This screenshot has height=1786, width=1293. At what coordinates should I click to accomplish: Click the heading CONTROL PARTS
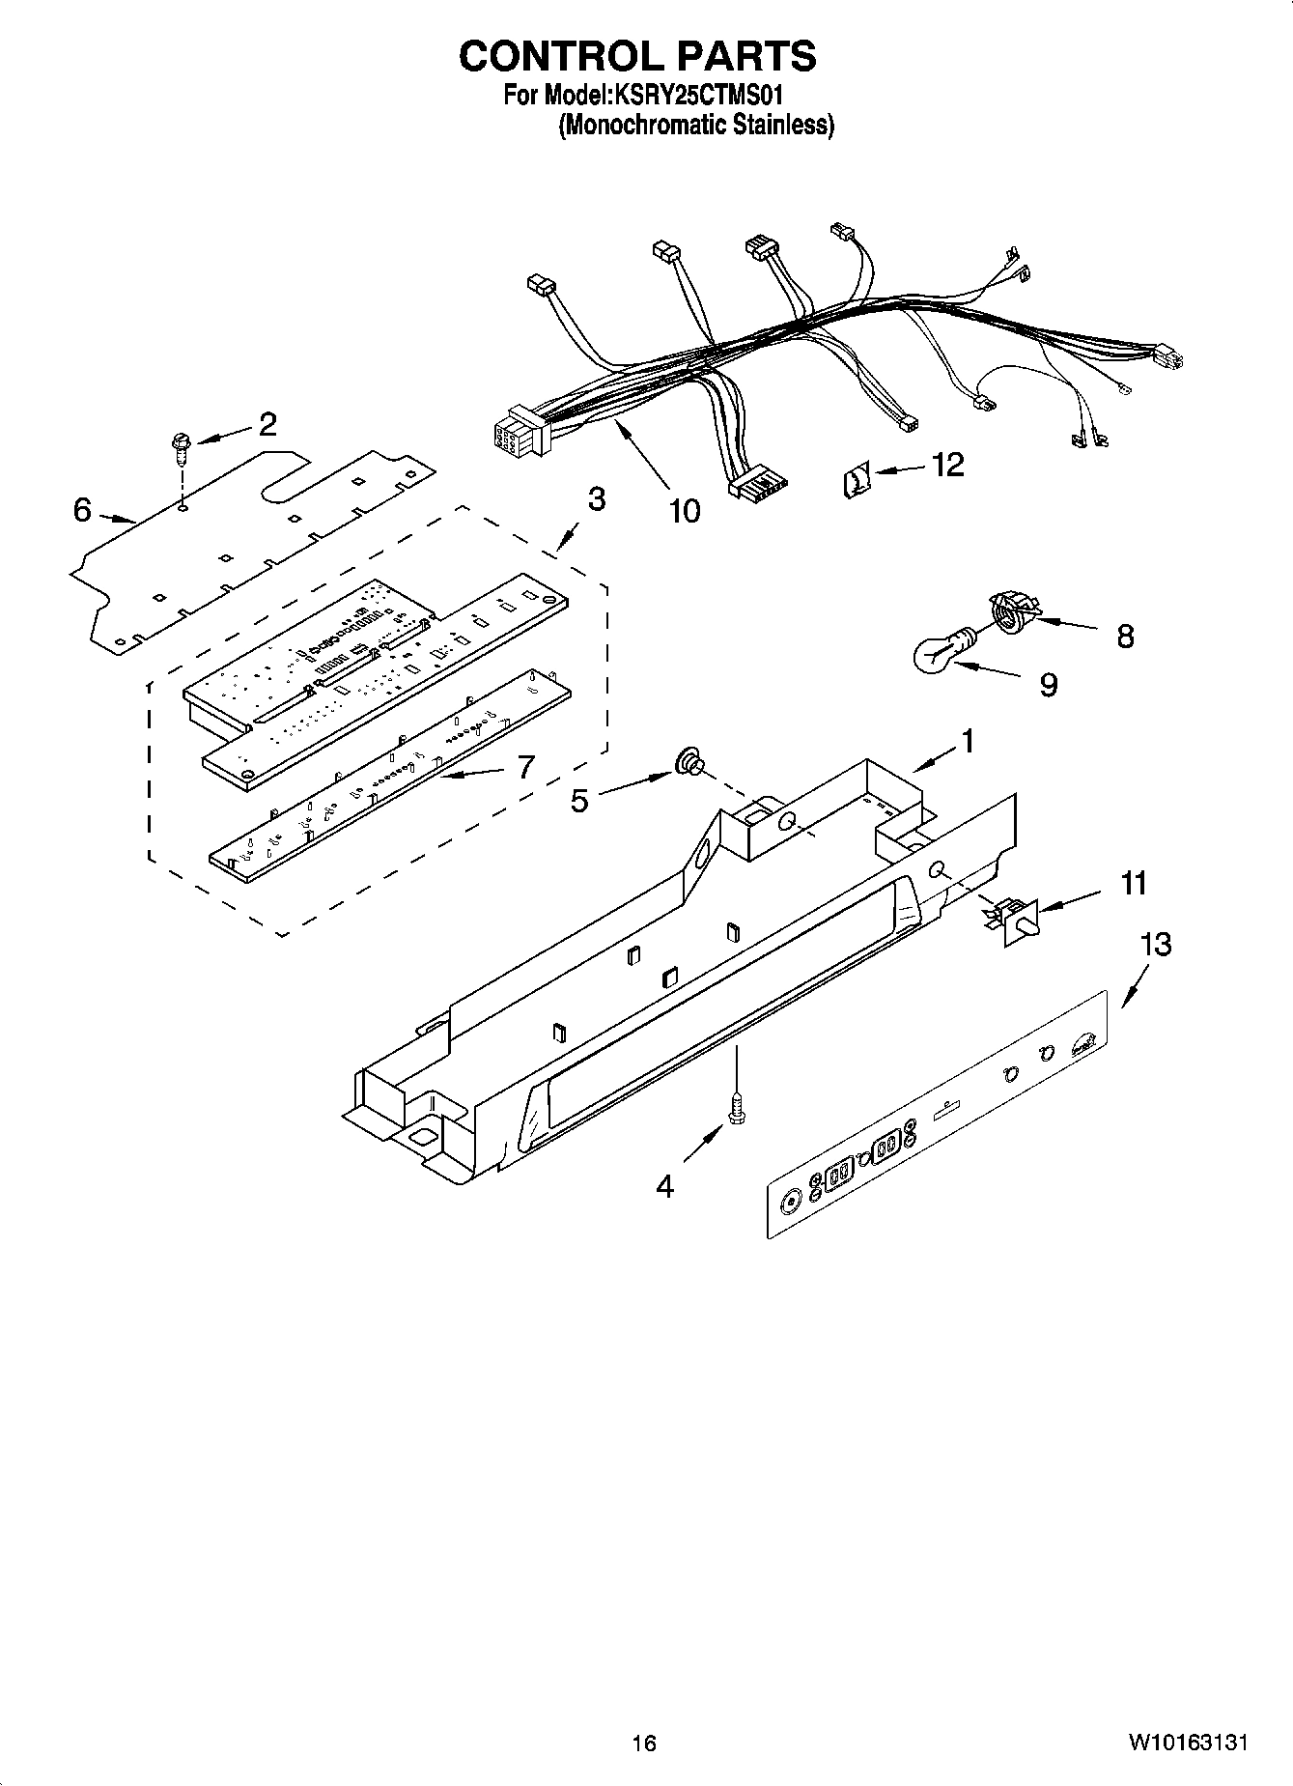pos(637,57)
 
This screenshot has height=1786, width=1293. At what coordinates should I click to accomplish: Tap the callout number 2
pos(267,424)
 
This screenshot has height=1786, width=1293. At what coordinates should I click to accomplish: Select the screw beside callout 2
pos(181,445)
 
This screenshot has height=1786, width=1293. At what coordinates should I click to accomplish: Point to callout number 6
pos(83,509)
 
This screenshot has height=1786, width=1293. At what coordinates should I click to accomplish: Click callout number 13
pos(1155,944)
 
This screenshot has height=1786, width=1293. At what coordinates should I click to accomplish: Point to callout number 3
pos(596,499)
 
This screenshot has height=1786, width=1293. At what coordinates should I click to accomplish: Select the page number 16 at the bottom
pos(644,1743)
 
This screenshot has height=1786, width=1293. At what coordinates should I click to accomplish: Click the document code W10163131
pos(1187,1743)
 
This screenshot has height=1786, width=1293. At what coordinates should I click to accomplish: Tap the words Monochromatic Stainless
pos(696,126)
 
